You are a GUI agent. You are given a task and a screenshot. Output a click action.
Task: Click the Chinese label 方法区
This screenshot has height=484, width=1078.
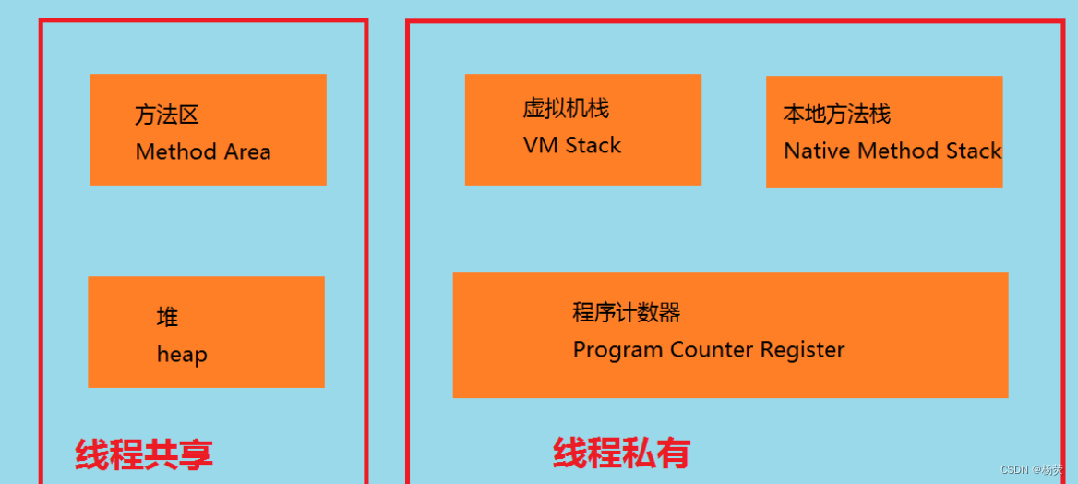pos(167,115)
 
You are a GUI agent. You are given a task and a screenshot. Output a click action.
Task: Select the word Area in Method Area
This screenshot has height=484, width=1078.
pos(246,151)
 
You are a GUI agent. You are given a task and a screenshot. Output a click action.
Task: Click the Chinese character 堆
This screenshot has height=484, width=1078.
pos(167,318)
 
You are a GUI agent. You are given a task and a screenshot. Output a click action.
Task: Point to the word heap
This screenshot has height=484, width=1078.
pos(182,355)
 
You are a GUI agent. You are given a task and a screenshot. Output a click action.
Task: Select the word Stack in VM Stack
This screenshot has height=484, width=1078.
pos(593,145)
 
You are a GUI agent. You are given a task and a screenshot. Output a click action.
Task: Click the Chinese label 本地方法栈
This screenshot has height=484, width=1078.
pos(836,115)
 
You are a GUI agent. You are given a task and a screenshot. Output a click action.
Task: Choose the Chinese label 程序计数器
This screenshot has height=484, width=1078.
pos(626,313)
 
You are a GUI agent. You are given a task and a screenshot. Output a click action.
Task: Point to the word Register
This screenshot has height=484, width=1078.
pos(802,350)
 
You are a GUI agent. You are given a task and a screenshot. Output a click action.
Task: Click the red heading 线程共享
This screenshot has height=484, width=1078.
pos(144,454)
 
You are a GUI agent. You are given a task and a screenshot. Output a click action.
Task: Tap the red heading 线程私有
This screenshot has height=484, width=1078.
pos(621,453)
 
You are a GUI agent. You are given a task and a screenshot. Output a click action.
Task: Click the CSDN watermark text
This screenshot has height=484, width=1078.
pos(1014,469)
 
